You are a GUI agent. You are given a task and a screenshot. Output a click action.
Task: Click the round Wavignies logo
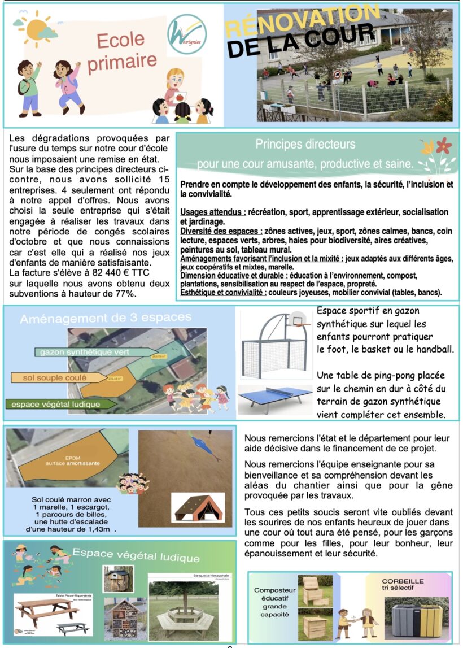click(187, 35)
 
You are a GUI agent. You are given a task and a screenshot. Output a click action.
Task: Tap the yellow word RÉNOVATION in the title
click(302, 21)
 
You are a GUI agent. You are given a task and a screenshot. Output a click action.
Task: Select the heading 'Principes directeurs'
click(305, 145)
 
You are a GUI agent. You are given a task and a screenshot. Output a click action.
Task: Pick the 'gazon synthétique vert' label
click(85, 352)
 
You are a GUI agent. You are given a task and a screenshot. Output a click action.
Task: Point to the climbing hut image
click(197, 507)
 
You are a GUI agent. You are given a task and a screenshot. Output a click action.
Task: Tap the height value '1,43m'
click(103, 529)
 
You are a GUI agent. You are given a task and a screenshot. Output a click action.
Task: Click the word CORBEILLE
click(403, 581)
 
